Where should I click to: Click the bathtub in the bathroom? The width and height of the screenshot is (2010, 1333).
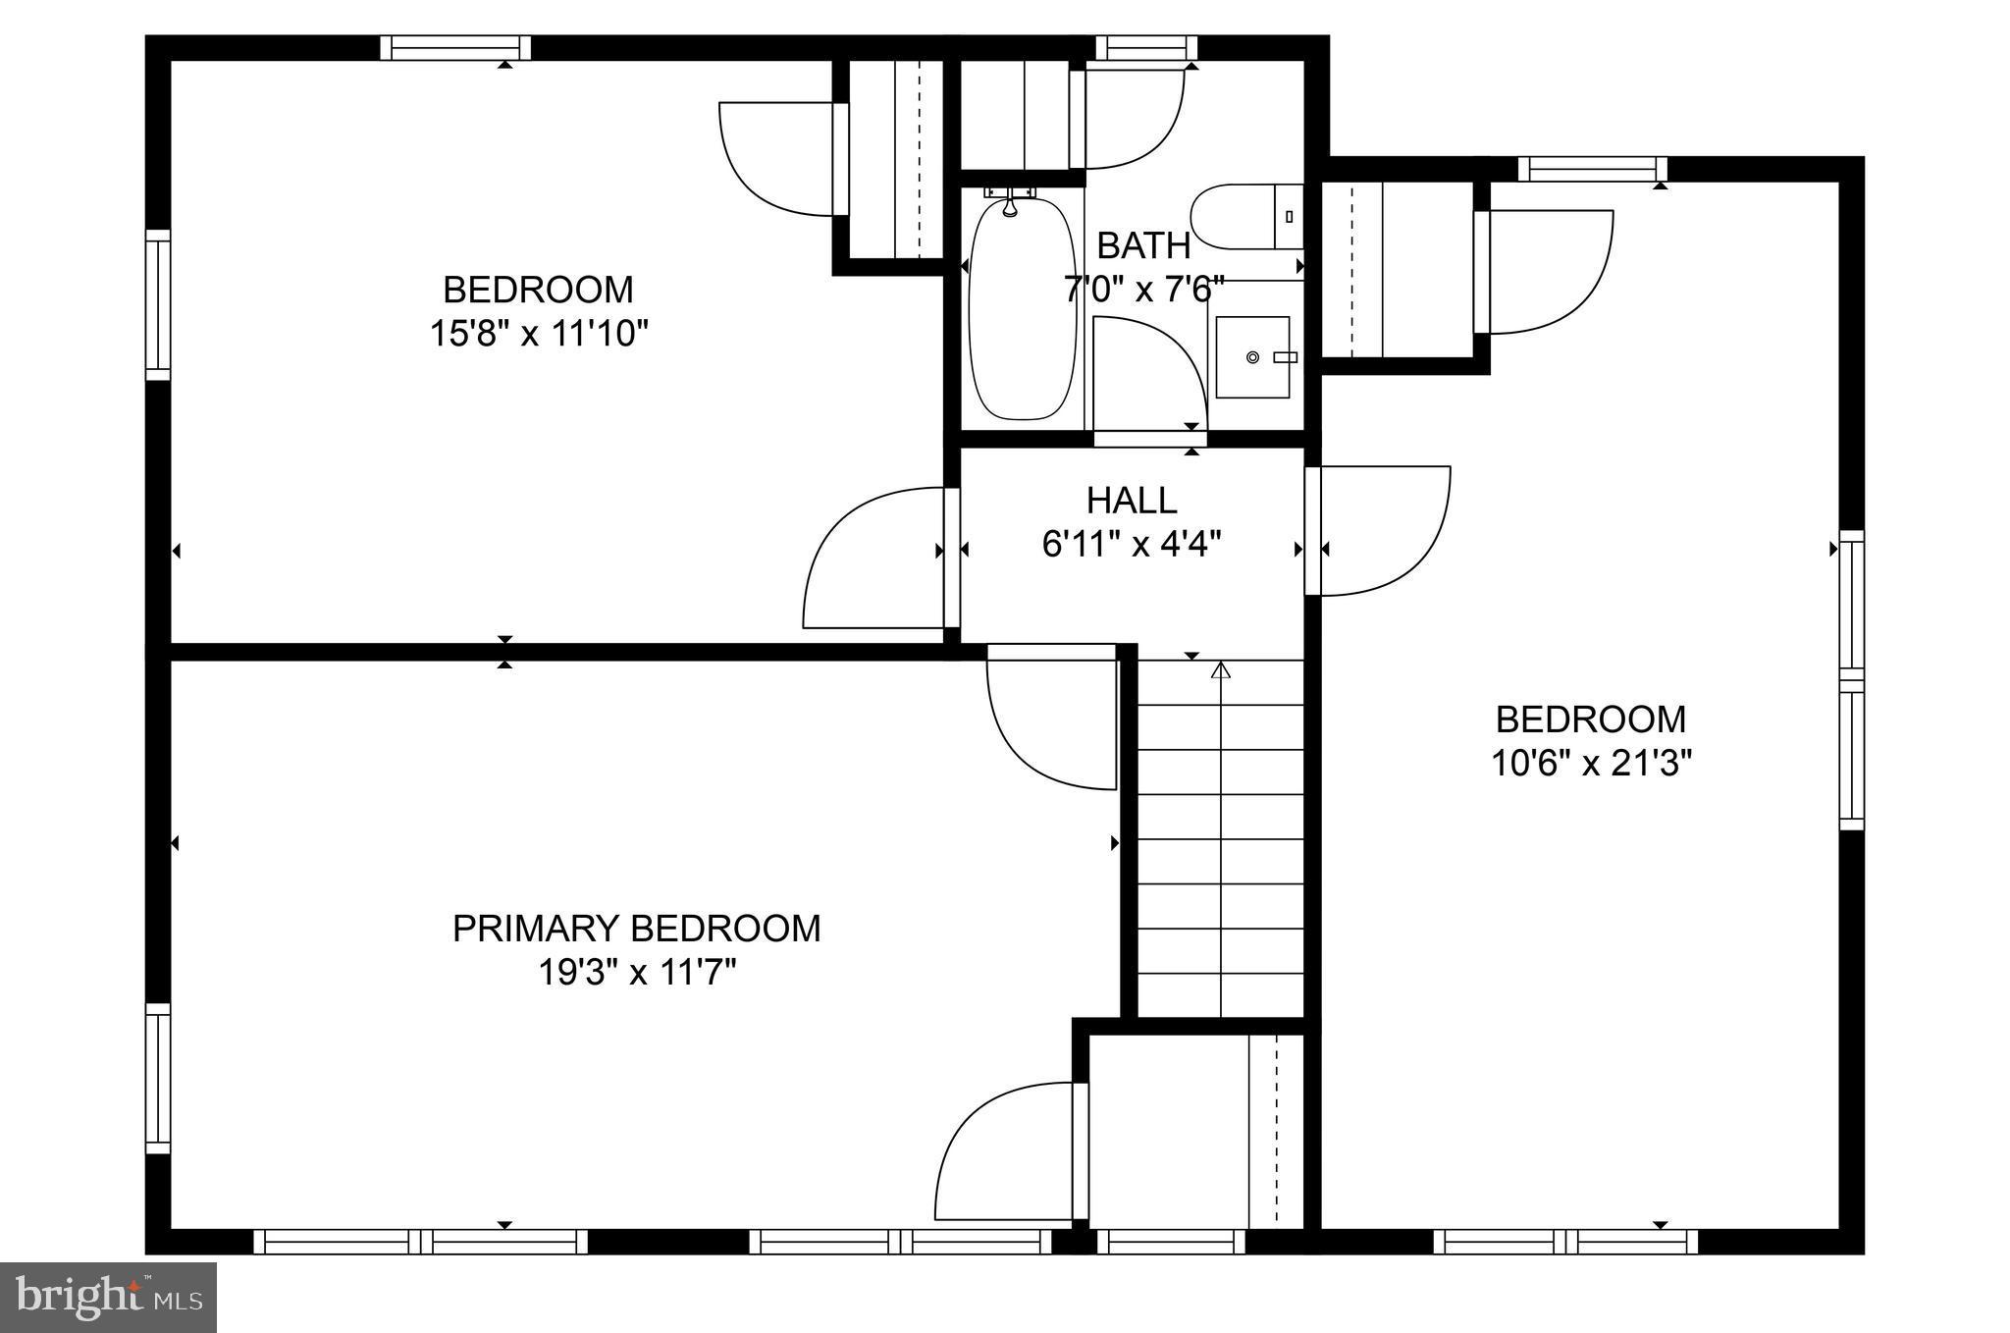coord(1023,309)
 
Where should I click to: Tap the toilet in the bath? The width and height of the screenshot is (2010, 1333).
coord(1239,217)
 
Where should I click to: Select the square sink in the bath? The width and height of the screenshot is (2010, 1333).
coord(1252,357)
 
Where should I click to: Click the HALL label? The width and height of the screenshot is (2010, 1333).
coord(1132,501)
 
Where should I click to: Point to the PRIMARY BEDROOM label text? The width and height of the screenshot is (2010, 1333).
coord(636,929)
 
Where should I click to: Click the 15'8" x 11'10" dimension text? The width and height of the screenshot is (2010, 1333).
coord(539,334)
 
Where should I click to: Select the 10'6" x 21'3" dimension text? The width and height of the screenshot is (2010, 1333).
coord(1591,763)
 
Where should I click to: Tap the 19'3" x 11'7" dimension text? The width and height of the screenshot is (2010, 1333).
coord(636,973)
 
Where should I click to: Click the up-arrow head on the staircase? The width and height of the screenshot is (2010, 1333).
coord(1220,670)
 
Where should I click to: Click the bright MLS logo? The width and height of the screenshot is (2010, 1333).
coord(108,1298)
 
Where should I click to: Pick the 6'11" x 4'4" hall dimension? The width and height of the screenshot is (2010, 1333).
coord(1132,544)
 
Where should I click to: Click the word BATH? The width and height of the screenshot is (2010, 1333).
coord(1143,245)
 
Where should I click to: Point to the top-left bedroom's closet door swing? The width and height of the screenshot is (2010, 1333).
coord(775,157)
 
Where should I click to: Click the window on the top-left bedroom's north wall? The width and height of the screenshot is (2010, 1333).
coord(455,48)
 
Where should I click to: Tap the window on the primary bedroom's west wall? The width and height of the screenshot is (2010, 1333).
coord(158,1078)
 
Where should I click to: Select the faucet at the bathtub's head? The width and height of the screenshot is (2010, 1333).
coord(1010,205)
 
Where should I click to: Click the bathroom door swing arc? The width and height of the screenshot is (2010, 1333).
coord(1148,373)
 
